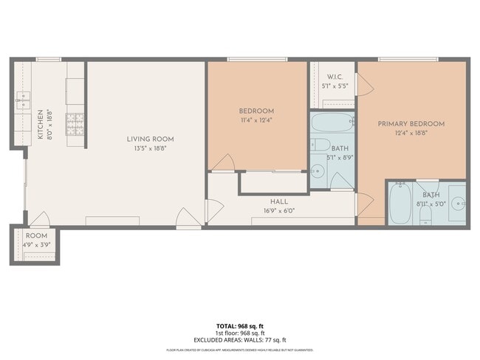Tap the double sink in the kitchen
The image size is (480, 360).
pyautogui.click(x=22, y=100)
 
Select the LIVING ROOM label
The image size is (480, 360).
pyautogui.click(x=150, y=139)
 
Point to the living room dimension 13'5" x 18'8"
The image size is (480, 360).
pyautogui.click(x=150, y=148)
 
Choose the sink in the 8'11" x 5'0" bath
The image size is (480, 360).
pyautogui.click(x=457, y=202)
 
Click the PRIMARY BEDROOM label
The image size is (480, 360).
pyautogui.click(x=411, y=124)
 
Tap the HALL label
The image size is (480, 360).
pyautogui.click(x=279, y=201)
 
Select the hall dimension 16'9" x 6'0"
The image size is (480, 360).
pyautogui.click(x=279, y=210)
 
